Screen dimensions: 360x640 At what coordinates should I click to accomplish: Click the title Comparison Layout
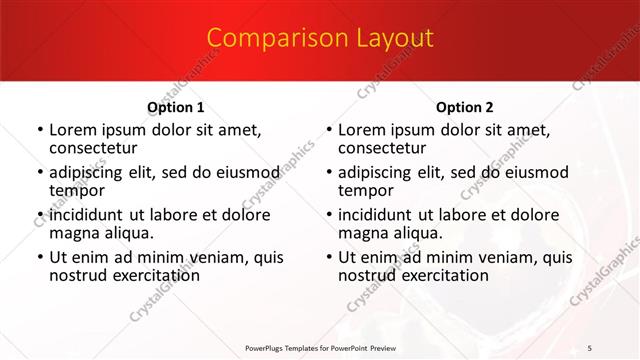[x=320, y=38]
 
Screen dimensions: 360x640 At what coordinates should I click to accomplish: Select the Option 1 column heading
[x=176, y=107]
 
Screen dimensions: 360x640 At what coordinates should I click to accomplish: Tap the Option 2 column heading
[x=465, y=107]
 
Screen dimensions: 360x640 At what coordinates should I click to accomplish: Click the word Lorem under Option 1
[x=73, y=130]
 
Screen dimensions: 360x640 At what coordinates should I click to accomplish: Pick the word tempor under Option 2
[x=367, y=190]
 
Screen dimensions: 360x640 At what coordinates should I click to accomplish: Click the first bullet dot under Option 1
[x=39, y=131]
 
